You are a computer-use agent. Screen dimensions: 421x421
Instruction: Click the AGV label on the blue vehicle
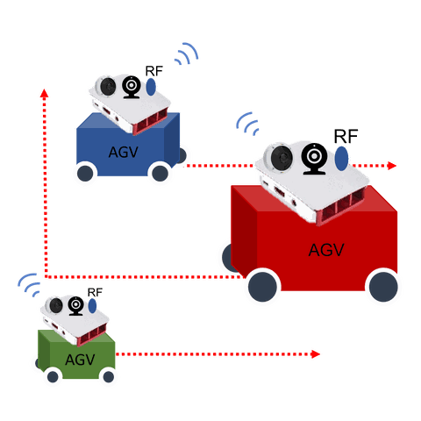[x=124, y=152]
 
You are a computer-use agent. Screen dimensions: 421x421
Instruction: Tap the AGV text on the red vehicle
[x=326, y=250]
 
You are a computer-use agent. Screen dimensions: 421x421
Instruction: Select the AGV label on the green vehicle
[x=80, y=360]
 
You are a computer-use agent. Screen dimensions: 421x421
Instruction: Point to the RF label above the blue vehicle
[x=154, y=71]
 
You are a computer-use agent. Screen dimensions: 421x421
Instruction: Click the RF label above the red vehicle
[x=346, y=136]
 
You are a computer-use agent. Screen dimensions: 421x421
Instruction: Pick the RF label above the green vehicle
[x=95, y=292]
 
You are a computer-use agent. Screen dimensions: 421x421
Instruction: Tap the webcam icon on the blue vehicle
[x=132, y=87]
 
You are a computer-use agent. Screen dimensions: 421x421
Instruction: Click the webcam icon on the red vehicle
[x=314, y=159]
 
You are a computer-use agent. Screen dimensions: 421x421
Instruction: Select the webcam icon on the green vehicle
[x=76, y=306]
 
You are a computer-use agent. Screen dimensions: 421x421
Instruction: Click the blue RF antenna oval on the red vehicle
[x=341, y=159]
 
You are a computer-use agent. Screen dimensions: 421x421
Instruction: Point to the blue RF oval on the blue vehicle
[x=151, y=87]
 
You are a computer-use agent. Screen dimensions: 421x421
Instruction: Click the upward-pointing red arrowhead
[x=44, y=93]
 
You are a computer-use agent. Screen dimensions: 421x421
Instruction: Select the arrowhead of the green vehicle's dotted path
[x=316, y=354]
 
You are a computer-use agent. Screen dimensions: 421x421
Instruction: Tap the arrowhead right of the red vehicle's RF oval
[x=392, y=166]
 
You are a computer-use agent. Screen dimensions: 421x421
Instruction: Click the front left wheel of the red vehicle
[x=262, y=287]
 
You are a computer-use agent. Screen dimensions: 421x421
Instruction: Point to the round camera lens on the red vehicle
[x=282, y=158]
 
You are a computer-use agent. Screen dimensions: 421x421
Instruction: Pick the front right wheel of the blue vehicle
[x=160, y=174]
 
